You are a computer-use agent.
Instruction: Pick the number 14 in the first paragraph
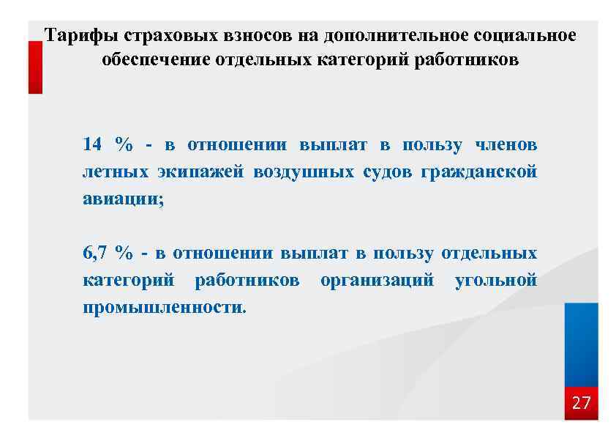tap(92, 144)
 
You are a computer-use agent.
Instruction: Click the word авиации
tap(123, 199)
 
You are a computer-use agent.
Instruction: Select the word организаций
tap(377, 280)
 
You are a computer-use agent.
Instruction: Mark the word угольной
tap(496, 280)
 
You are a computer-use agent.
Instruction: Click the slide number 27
tap(581, 403)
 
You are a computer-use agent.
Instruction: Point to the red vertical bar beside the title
tap(35, 67)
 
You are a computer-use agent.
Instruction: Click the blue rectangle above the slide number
tap(581, 344)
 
